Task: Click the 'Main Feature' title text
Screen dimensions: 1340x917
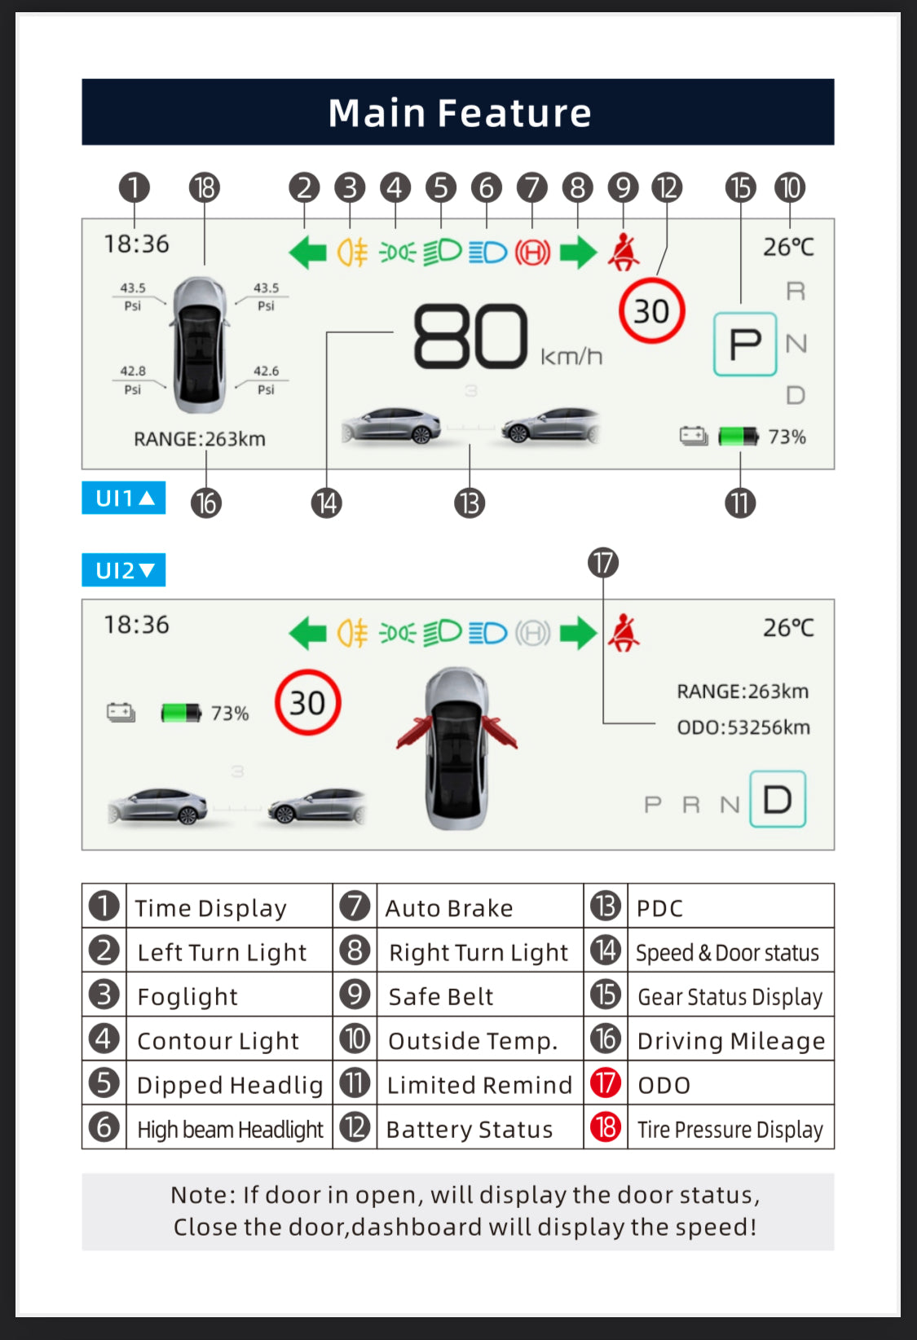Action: (x=459, y=112)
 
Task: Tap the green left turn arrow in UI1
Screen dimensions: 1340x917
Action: (x=308, y=253)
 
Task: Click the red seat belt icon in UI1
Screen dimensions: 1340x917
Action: (x=624, y=253)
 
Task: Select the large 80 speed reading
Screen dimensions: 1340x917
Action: (x=470, y=336)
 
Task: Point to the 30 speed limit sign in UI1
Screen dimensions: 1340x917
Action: (x=651, y=311)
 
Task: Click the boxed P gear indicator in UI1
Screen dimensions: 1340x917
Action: (x=745, y=344)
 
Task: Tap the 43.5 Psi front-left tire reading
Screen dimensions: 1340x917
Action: (x=133, y=296)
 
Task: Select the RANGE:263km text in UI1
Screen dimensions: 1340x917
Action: (x=200, y=439)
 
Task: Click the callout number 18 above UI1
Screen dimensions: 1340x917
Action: (x=205, y=188)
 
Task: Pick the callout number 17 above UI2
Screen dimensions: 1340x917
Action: (x=603, y=563)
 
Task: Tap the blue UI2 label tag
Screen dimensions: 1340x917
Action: (x=124, y=570)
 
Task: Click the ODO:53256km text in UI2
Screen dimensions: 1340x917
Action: (x=743, y=727)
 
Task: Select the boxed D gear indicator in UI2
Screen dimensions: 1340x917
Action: (x=778, y=799)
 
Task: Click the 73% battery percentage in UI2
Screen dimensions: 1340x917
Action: (x=230, y=714)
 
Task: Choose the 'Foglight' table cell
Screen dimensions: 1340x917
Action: (x=187, y=996)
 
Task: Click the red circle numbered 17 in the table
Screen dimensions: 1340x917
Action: (x=606, y=1083)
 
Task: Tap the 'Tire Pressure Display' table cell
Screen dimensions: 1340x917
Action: (x=730, y=1129)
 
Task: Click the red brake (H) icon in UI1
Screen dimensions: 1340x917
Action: (x=532, y=253)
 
